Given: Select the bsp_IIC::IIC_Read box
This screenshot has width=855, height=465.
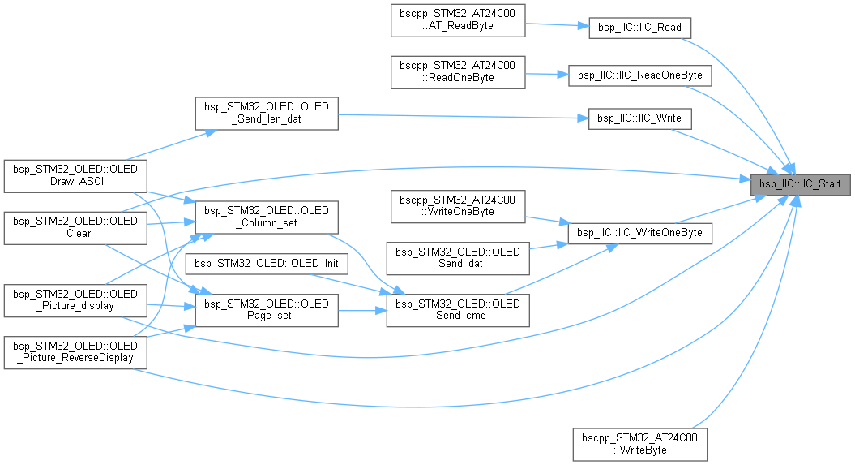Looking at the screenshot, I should [x=639, y=28].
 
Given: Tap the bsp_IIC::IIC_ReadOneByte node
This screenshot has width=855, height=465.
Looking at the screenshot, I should [x=640, y=75].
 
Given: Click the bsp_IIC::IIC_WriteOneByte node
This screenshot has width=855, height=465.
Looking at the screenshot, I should [x=640, y=233].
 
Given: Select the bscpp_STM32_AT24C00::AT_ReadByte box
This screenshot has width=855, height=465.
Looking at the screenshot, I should [x=458, y=20].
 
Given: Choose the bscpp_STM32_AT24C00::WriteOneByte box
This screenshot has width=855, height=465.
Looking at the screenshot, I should [x=458, y=206].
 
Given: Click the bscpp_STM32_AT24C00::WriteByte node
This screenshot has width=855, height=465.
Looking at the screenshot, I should [x=640, y=444].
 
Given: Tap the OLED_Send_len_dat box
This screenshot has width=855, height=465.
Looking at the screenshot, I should [x=266, y=114].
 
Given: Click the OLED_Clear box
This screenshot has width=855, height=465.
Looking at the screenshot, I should [x=75, y=227].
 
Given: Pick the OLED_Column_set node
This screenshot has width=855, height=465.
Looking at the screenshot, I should [x=267, y=216].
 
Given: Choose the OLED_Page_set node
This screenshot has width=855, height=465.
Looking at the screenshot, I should [x=267, y=310].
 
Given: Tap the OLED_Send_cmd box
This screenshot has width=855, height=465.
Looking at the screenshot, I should [x=458, y=310].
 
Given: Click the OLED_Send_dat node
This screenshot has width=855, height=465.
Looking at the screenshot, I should [x=458, y=258].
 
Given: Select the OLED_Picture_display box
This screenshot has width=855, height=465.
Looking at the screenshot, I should [x=75, y=299].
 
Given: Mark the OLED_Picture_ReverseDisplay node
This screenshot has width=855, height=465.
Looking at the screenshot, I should [x=75, y=351].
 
